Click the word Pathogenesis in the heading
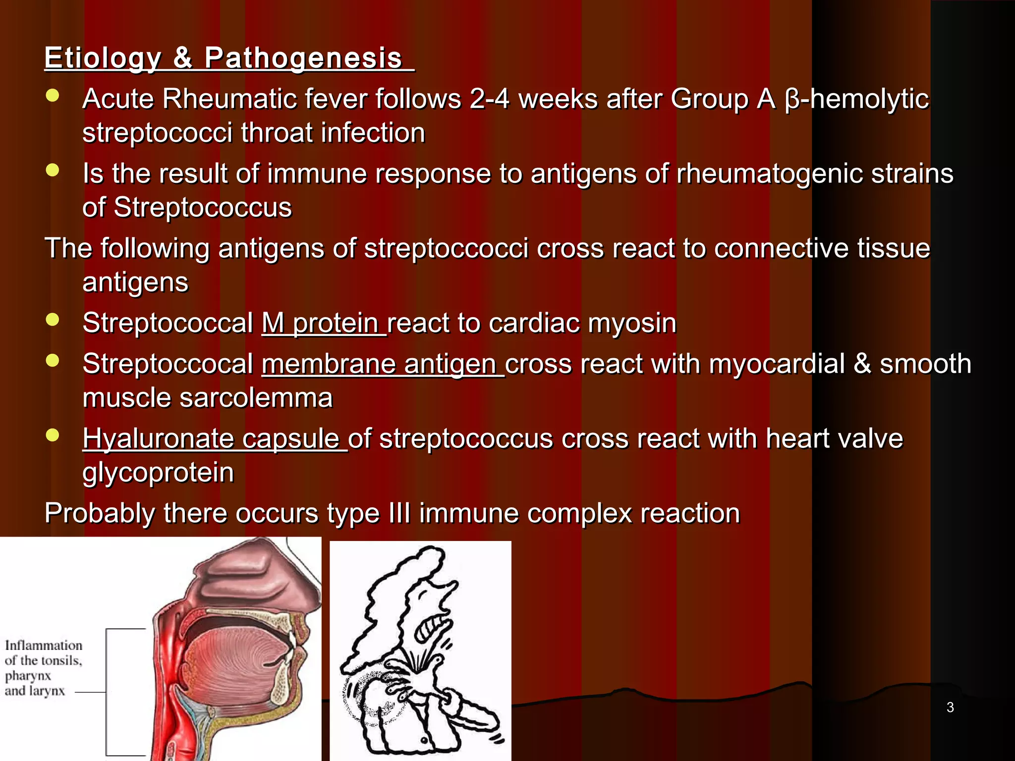[x=303, y=58]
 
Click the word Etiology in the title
[x=103, y=58]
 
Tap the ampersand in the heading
[x=183, y=57]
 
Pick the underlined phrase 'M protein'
[x=323, y=323]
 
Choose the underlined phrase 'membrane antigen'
[x=382, y=364]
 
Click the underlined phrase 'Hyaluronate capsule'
[x=215, y=439]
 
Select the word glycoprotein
[x=158, y=473]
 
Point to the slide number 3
[x=950, y=707]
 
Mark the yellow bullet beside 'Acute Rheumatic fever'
[x=52, y=96]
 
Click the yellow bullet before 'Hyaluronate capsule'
[x=52, y=435]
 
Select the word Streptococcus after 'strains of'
[x=203, y=207]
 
